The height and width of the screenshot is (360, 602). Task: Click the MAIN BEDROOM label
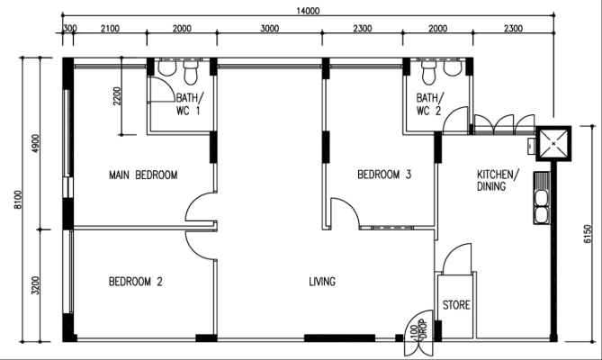click(x=143, y=175)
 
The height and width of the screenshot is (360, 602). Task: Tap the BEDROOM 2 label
click(x=136, y=282)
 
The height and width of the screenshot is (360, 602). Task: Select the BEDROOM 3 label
click(x=384, y=175)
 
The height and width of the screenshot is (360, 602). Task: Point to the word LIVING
click(x=322, y=282)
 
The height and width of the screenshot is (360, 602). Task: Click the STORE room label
click(x=456, y=305)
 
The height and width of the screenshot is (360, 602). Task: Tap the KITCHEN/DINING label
click(x=498, y=180)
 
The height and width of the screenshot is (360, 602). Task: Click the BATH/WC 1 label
click(x=189, y=104)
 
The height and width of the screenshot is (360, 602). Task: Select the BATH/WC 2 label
click(x=430, y=104)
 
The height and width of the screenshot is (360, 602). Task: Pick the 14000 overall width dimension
click(x=308, y=11)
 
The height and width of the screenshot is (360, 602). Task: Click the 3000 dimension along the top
click(x=270, y=29)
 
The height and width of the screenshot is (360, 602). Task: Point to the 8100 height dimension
click(x=18, y=200)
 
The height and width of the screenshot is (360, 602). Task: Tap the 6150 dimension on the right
click(x=588, y=234)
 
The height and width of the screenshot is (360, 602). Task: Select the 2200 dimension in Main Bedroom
click(x=117, y=96)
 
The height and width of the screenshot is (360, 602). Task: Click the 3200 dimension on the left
click(x=35, y=285)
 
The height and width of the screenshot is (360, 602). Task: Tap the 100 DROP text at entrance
click(x=418, y=329)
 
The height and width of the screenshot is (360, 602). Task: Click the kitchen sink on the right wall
click(x=542, y=198)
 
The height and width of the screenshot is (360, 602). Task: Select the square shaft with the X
click(x=553, y=143)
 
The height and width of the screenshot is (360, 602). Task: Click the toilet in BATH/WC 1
click(x=190, y=73)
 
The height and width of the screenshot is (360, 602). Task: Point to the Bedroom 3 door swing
click(x=345, y=213)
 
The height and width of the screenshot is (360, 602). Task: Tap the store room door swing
click(x=456, y=258)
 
